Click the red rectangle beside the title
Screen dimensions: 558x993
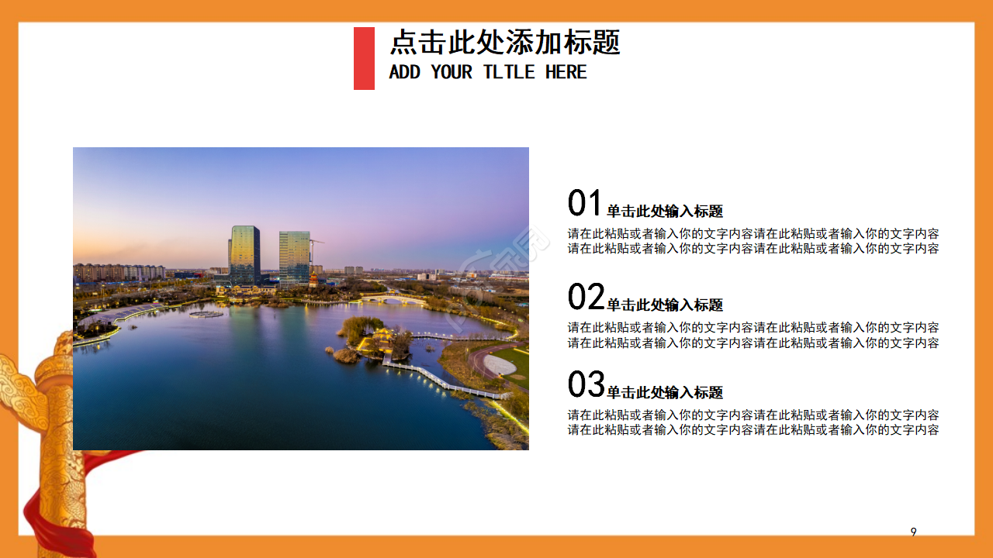click(364, 58)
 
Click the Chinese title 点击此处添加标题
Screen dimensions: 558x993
click(504, 42)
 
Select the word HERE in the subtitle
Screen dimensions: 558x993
click(566, 72)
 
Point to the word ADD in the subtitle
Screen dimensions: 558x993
click(404, 72)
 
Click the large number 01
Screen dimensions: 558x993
click(585, 204)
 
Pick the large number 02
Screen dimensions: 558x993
click(586, 297)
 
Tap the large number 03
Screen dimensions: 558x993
click(586, 384)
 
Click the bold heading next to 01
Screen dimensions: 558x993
click(665, 212)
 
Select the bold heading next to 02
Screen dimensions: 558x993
click(665, 305)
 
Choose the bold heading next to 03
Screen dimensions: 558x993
click(665, 393)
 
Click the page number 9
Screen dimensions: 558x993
click(913, 532)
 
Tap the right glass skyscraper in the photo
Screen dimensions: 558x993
click(295, 257)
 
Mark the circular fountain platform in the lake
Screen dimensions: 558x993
click(206, 313)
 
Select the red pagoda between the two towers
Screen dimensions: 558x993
click(313, 278)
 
